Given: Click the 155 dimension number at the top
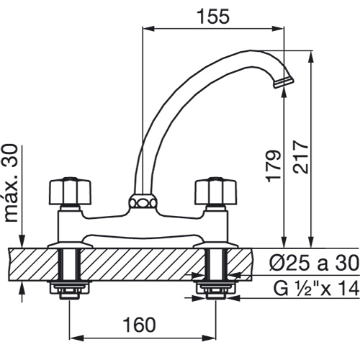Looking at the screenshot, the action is [x=213, y=17].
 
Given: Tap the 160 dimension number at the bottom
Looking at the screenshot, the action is [x=139, y=325].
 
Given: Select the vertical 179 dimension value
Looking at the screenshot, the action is [x=274, y=166].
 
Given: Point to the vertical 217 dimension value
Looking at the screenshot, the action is [x=300, y=157].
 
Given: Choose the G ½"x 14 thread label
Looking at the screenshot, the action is [x=316, y=288].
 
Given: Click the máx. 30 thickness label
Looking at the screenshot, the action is [x=11, y=183].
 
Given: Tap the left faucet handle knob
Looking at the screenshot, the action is [x=71, y=192].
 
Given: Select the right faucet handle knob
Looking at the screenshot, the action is [x=216, y=192].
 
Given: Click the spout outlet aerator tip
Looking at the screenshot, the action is [x=283, y=82].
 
